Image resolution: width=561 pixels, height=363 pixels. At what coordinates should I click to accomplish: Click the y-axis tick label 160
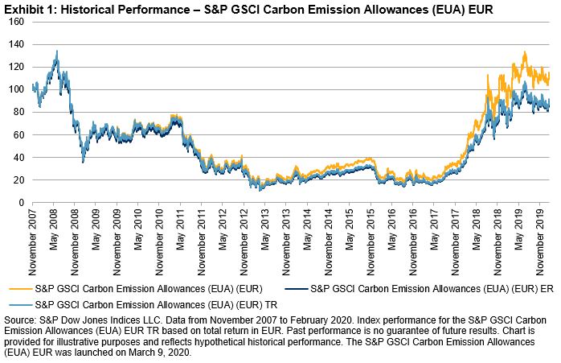point(14,22)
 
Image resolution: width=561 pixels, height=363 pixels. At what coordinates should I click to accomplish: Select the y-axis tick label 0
point(19,203)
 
